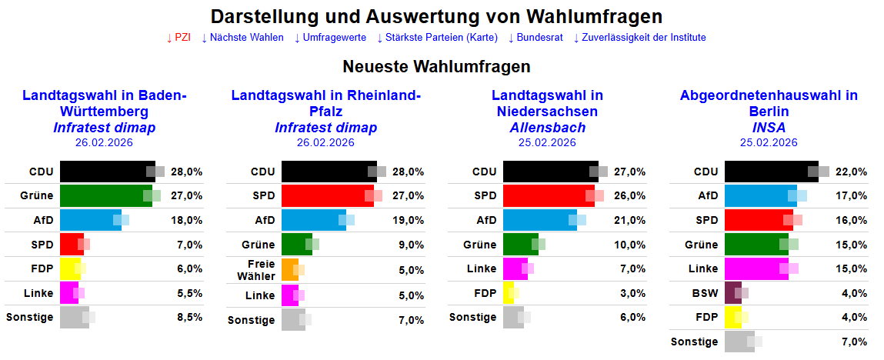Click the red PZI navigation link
pos(178,38)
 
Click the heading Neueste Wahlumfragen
pos(436,67)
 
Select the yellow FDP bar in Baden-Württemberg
pos(70,268)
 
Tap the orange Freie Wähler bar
pos(289,270)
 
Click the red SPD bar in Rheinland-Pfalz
pos(327,196)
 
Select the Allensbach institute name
pos(547,128)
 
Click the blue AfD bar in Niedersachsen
pos(539,221)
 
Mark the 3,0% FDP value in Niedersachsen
pos(632,293)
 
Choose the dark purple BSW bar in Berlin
pos(733,293)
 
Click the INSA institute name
pos(769,128)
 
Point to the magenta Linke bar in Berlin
pos(756,268)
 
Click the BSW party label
pos(705,293)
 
